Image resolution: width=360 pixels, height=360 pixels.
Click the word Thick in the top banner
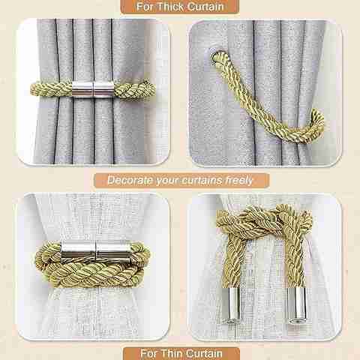pos(170,7)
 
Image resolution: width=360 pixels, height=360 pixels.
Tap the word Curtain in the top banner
pos(205,7)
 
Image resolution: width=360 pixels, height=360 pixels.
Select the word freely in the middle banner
pos(238,180)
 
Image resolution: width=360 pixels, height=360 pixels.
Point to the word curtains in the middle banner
pos(202,180)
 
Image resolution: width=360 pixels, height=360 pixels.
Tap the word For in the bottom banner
pos(149,353)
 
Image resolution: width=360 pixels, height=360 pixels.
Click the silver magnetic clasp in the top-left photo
pos(93,88)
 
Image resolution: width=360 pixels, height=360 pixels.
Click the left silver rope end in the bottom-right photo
pos(231,304)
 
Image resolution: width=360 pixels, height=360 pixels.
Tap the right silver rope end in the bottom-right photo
pos(296,305)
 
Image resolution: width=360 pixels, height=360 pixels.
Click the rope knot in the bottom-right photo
pos(265,218)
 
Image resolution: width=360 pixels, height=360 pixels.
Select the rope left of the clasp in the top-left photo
pos(52,88)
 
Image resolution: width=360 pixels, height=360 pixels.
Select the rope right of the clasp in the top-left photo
pos(135,89)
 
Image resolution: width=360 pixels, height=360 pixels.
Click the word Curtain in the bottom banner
pos(204,353)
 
